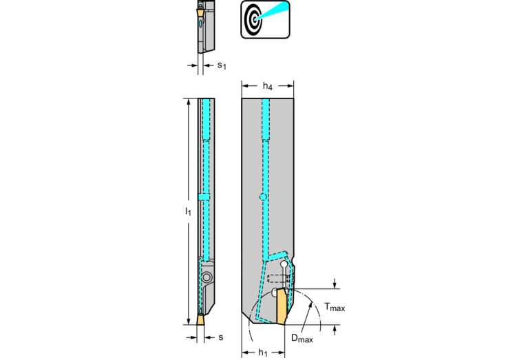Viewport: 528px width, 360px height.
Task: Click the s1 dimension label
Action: [222, 65]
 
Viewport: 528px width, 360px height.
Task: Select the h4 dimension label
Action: [267, 86]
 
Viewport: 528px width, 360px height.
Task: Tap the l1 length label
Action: [188, 211]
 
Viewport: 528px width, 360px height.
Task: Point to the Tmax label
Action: [335, 307]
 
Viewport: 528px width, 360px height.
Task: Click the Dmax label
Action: [302, 338]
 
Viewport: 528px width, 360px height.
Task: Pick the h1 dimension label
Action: [263, 352]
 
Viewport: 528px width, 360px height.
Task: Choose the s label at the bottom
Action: [220, 337]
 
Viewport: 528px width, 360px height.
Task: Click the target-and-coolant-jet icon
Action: [265, 19]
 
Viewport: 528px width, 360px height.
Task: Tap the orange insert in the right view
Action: [282, 306]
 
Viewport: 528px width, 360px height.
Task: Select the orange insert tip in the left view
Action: [200, 320]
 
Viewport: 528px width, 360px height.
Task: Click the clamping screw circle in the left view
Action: [207, 277]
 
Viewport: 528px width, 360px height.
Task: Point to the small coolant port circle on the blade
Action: [263, 197]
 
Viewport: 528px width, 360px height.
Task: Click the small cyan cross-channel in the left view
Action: [204, 197]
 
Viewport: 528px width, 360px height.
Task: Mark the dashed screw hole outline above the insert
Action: [278, 279]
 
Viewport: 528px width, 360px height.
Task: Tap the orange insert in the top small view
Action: [200, 13]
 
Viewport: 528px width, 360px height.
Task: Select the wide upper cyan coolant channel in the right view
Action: [266, 119]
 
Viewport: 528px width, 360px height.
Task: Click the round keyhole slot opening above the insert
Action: [284, 264]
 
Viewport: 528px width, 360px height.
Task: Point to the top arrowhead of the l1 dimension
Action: [188, 101]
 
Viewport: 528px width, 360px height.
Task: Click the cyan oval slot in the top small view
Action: [201, 23]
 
